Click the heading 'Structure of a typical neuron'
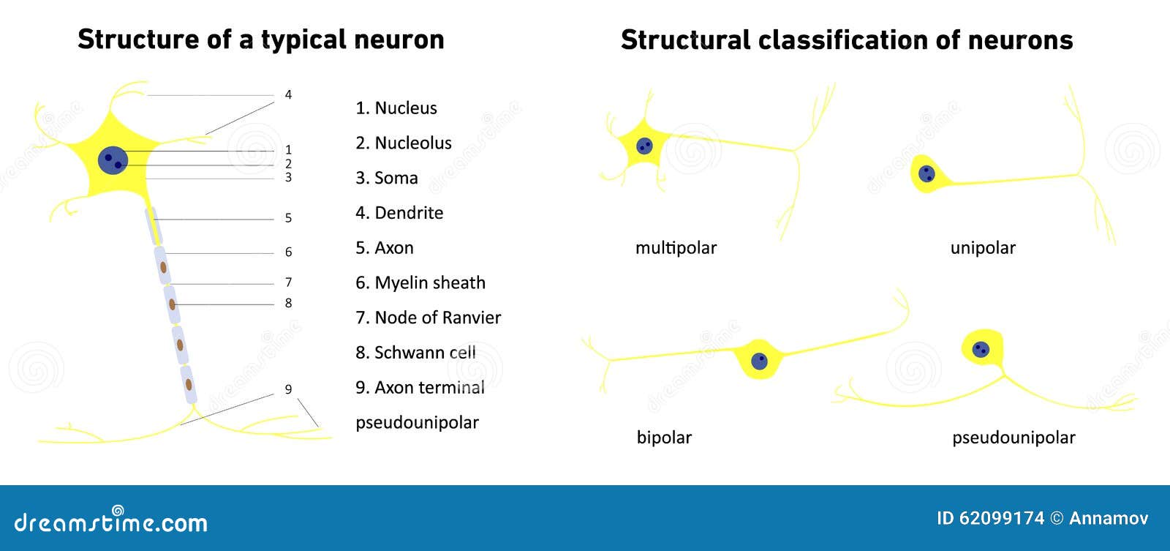[260, 40]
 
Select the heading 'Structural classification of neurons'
[846, 40]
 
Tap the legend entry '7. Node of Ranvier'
[428, 318]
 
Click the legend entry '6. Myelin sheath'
[420, 282]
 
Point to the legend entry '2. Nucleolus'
[403, 143]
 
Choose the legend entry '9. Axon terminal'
[420, 387]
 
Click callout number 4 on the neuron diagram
[288, 94]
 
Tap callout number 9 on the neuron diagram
[288, 389]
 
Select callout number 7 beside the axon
[288, 282]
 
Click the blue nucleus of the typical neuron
[113, 160]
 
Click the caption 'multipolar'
[676, 248]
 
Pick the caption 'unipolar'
[982, 248]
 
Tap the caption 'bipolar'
[664, 438]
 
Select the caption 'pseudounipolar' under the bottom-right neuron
[1013, 438]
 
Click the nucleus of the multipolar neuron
[644, 146]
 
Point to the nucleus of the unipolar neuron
[926, 173]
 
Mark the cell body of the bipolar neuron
[759, 359]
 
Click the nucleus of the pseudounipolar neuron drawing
[981, 349]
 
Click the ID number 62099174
[1001, 518]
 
